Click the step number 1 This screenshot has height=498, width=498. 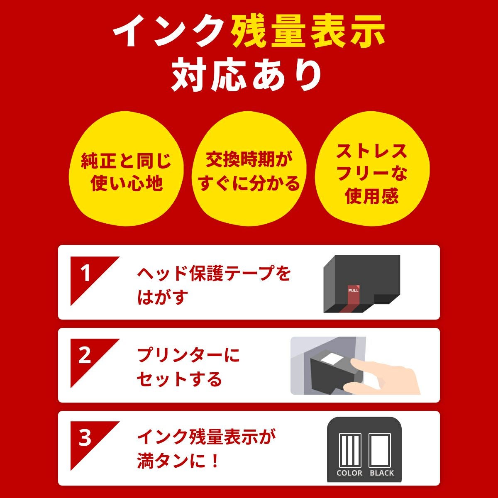coord(85,274)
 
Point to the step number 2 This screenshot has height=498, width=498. coord(85,356)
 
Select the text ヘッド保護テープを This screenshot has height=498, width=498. coord(214,273)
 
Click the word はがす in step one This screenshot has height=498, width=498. coord(163,297)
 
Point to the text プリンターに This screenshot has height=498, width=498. coord(189,356)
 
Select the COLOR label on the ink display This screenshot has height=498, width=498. coord(349,473)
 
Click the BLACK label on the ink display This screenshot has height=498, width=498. coord(382,473)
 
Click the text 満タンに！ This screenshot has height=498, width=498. coord(178,461)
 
